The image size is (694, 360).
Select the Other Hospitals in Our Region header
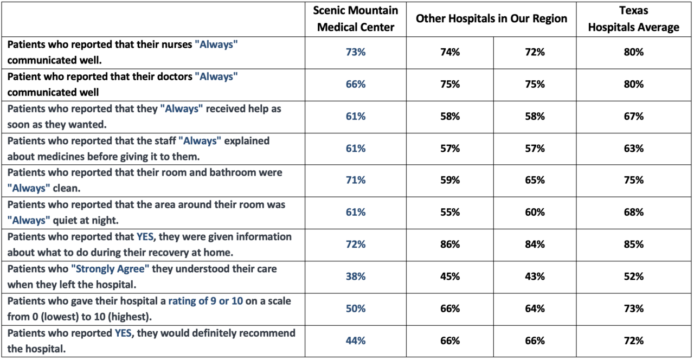[x=491, y=19]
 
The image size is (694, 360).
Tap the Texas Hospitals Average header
[x=633, y=19]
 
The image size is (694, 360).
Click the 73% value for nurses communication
[x=356, y=53]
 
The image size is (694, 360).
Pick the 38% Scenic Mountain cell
[x=356, y=277]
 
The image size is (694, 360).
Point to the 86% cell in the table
[x=450, y=245]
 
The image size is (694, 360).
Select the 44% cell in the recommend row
[x=356, y=341]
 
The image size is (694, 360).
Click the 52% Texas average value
[x=633, y=277]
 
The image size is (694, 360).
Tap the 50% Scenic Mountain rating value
[x=356, y=308]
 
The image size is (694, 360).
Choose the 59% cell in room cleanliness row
[x=450, y=181]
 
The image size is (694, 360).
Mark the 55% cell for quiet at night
[x=450, y=213]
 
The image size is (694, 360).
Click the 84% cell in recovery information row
[x=535, y=245]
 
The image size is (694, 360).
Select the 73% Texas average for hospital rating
[x=633, y=308]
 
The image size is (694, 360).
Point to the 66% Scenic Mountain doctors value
[x=356, y=85]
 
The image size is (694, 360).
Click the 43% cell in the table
[x=535, y=277]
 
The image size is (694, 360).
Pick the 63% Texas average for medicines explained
[x=633, y=149]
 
